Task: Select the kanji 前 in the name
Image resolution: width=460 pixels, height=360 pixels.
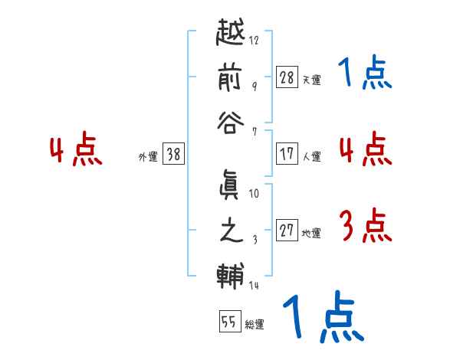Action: pos(231,79)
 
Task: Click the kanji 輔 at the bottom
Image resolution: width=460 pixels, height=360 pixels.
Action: pos(231,274)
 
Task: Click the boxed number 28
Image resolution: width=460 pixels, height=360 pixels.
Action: pos(287,77)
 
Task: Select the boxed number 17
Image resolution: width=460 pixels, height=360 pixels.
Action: pos(287,153)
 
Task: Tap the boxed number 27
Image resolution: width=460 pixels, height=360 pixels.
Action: pos(287,231)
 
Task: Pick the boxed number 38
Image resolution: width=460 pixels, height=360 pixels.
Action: pos(173,154)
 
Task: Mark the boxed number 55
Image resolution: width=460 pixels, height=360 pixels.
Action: pos(228,321)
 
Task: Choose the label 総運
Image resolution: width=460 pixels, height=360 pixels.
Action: pos(254,324)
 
